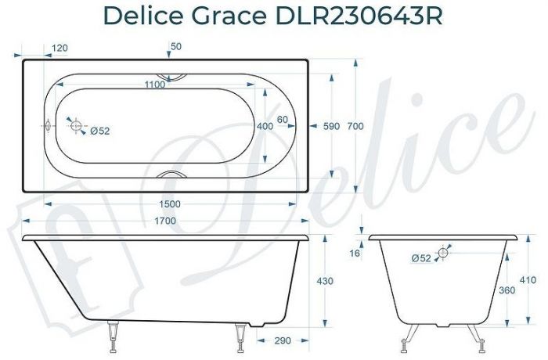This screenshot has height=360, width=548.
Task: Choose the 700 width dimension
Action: pyautogui.click(x=357, y=125)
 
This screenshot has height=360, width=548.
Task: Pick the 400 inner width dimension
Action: pyautogui.click(x=265, y=125)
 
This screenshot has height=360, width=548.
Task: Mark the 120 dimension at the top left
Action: pyautogui.click(x=59, y=48)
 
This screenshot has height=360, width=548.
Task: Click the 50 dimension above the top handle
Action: pyautogui.click(x=176, y=48)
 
